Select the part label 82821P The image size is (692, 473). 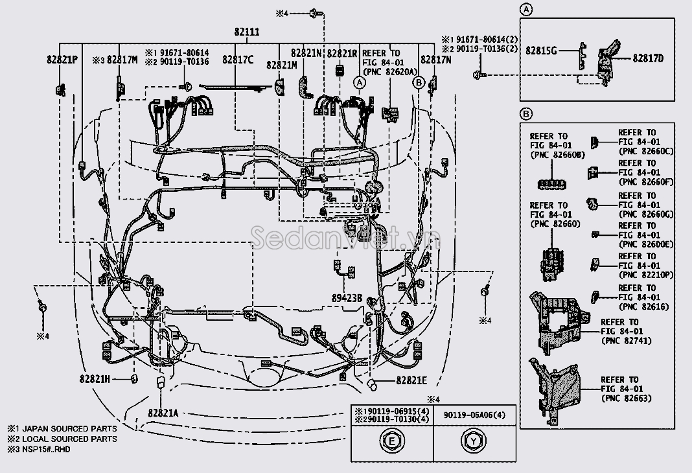(x=62, y=59)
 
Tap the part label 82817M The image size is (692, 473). (x=122, y=59)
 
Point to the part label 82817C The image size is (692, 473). (x=238, y=59)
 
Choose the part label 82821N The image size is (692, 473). (x=306, y=53)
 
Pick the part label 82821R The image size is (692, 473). (x=342, y=53)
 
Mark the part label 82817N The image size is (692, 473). (x=435, y=59)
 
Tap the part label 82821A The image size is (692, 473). (x=162, y=413)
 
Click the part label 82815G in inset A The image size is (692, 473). (x=541, y=49)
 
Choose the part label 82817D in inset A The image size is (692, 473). (x=648, y=59)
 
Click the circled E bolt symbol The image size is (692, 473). (x=391, y=443)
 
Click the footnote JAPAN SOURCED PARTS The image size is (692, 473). (x=68, y=429)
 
